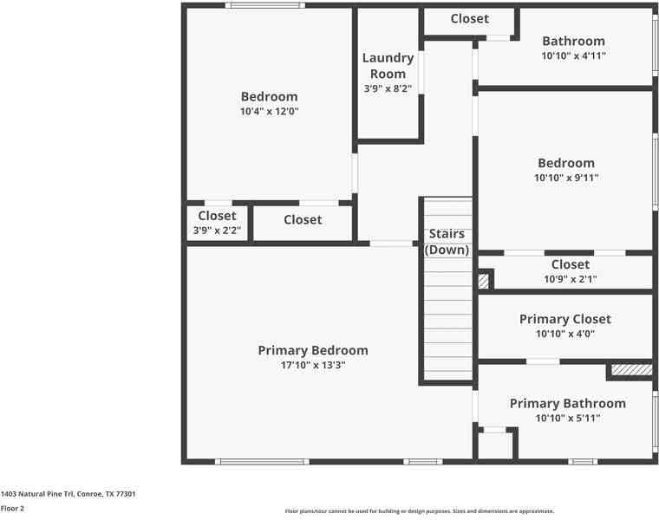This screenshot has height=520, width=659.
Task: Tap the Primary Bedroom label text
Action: click(x=313, y=350)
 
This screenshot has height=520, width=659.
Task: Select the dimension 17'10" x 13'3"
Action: click(x=313, y=366)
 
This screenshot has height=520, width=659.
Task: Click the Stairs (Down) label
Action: click(x=447, y=242)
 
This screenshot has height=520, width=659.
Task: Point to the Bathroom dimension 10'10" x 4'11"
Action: click(x=573, y=55)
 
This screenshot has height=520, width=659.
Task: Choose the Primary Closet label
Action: click(x=564, y=319)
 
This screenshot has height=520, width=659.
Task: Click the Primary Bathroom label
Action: click(x=567, y=403)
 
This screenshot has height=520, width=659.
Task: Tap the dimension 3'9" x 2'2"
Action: click(x=217, y=231)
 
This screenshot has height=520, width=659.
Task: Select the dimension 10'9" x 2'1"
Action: click(x=570, y=279)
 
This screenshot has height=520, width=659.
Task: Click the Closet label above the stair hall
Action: click(x=469, y=18)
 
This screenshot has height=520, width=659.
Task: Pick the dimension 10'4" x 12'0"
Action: click(x=269, y=112)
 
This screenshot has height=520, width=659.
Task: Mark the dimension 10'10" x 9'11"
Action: click(x=566, y=178)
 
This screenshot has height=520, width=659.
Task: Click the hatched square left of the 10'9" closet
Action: click(x=484, y=281)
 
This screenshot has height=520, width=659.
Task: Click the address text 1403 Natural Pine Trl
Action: click(x=68, y=493)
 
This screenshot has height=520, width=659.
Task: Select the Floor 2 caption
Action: click(x=12, y=509)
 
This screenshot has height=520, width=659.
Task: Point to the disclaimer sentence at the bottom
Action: click(x=419, y=511)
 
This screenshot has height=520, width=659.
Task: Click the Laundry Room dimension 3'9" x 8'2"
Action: click(x=388, y=88)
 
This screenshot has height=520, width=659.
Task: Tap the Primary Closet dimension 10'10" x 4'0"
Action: click(x=564, y=334)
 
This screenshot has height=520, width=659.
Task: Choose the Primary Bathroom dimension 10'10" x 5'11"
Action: click(x=567, y=418)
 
